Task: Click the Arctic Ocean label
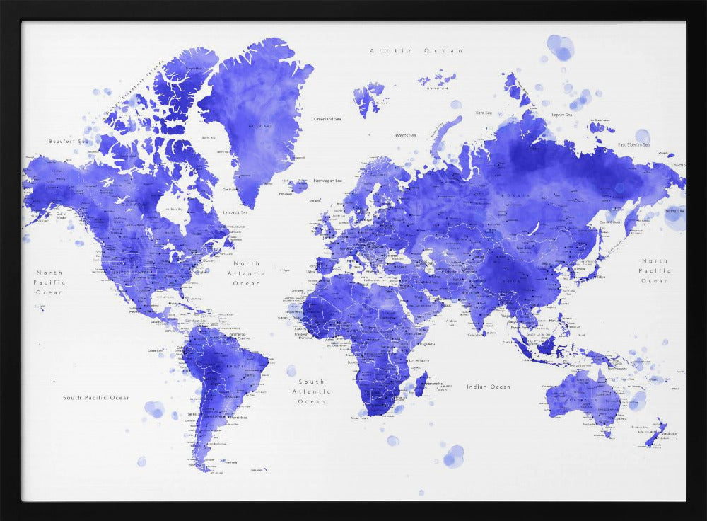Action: coord(416,51)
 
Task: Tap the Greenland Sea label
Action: coord(328,119)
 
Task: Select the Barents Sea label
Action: coord(405,135)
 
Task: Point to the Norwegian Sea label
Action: coord(328,181)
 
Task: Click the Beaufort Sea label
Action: coord(68,142)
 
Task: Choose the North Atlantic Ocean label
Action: coord(247,273)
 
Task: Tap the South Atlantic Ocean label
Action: coord(311,391)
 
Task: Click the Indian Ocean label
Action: coord(488,387)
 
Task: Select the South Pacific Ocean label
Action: coord(96,398)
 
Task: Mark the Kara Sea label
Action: coord(484,113)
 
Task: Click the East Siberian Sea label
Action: coord(633,144)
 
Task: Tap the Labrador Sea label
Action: coord(235,212)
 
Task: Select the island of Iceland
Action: coord(298,185)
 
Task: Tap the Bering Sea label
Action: coord(674,211)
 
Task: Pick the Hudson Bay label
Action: coord(175,210)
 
